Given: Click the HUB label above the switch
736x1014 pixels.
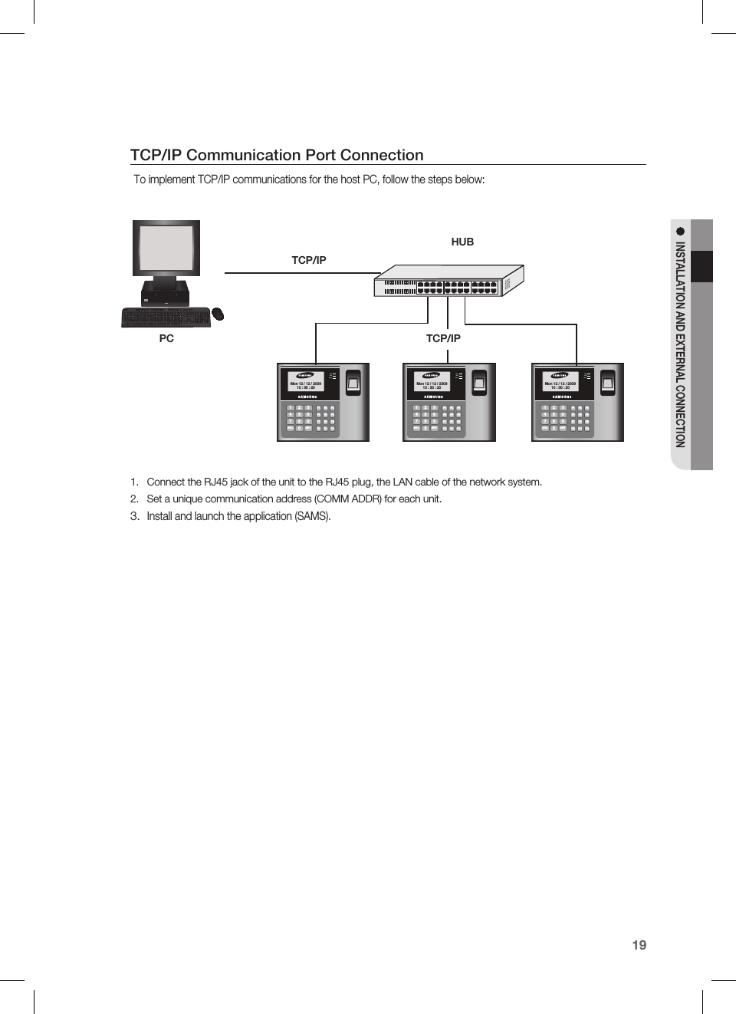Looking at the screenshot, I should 462,242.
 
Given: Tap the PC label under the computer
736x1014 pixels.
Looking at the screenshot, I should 166,338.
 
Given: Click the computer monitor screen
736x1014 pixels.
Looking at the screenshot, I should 166,248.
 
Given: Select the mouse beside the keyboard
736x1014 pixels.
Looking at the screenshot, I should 218,314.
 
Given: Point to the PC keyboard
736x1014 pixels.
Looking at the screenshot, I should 166,317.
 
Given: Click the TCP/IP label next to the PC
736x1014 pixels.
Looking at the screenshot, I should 309,260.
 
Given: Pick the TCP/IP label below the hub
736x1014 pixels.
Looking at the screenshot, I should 443,338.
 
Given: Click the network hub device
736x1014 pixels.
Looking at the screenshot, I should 449,281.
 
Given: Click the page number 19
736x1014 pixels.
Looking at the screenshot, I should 639,945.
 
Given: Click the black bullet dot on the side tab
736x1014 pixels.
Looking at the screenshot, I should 680,231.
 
